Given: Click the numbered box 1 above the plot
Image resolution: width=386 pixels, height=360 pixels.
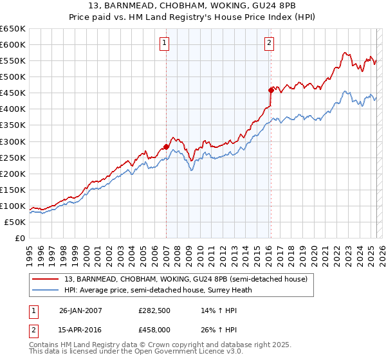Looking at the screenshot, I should tap(165, 43).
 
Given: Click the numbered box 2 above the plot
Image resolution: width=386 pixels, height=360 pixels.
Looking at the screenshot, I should tap(269, 43).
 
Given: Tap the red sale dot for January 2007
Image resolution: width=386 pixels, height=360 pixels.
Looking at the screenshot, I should tap(166, 147).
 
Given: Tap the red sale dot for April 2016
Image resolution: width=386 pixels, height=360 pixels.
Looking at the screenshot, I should tap(271, 90).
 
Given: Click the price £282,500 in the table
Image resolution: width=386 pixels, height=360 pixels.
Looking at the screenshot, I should tap(153, 310).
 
